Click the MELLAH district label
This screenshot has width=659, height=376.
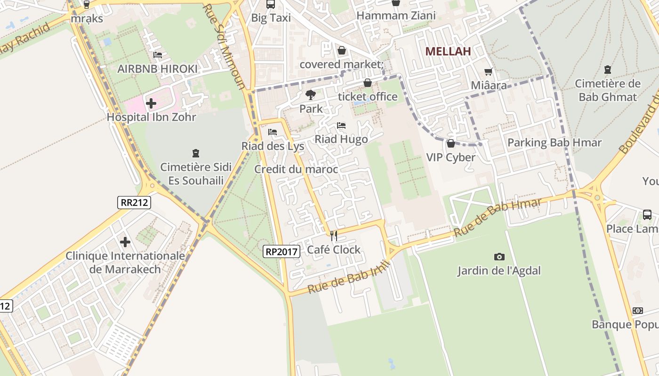(448, 51)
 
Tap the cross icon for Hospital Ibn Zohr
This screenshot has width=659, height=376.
(151, 103)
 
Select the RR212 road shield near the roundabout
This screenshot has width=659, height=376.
(135, 203)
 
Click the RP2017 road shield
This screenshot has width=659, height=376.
(281, 251)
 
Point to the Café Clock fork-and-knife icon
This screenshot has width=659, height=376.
(334, 235)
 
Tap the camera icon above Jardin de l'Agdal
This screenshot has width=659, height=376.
(499, 257)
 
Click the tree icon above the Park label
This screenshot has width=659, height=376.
(311, 95)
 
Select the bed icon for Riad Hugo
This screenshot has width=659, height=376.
(341, 125)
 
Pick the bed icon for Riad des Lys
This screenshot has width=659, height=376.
(273, 132)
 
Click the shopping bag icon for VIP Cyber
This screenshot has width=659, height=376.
(451, 143)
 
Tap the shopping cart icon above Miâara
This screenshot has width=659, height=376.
(489, 71)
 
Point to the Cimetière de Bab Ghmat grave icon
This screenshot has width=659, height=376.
(608, 70)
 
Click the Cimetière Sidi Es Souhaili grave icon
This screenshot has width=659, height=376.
(196, 153)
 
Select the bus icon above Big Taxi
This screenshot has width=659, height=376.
(271, 4)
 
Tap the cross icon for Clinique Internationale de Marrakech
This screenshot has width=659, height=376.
(125, 242)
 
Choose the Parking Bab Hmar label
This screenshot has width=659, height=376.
(555, 142)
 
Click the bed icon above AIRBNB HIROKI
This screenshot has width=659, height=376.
(158, 55)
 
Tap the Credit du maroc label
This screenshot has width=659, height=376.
(296, 169)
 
